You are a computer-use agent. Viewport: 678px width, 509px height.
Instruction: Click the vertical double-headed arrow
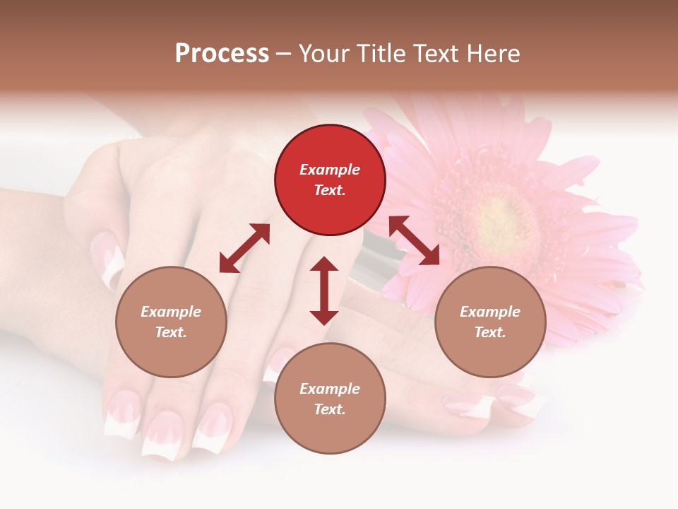[x=324, y=291]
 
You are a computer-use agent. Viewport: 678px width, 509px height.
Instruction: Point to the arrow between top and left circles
[x=244, y=248]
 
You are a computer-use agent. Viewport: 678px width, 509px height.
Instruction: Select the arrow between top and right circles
[x=414, y=240]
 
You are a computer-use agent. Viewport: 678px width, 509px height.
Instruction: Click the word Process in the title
[x=222, y=53]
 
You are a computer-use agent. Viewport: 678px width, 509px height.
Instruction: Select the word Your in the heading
[x=323, y=53]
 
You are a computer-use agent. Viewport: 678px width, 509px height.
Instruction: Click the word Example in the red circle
[x=330, y=170]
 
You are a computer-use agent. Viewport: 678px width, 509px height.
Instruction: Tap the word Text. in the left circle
[x=171, y=332]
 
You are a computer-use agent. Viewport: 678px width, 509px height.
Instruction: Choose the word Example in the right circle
[x=490, y=312]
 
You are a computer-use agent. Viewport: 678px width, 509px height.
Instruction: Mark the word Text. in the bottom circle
[x=330, y=409]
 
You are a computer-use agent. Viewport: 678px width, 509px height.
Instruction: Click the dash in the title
[x=283, y=54]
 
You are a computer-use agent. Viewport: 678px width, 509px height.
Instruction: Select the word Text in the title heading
[x=436, y=53]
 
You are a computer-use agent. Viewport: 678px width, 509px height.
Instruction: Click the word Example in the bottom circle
[x=330, y=389]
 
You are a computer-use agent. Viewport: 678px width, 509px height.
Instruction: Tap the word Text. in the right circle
[x=490, y=332]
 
